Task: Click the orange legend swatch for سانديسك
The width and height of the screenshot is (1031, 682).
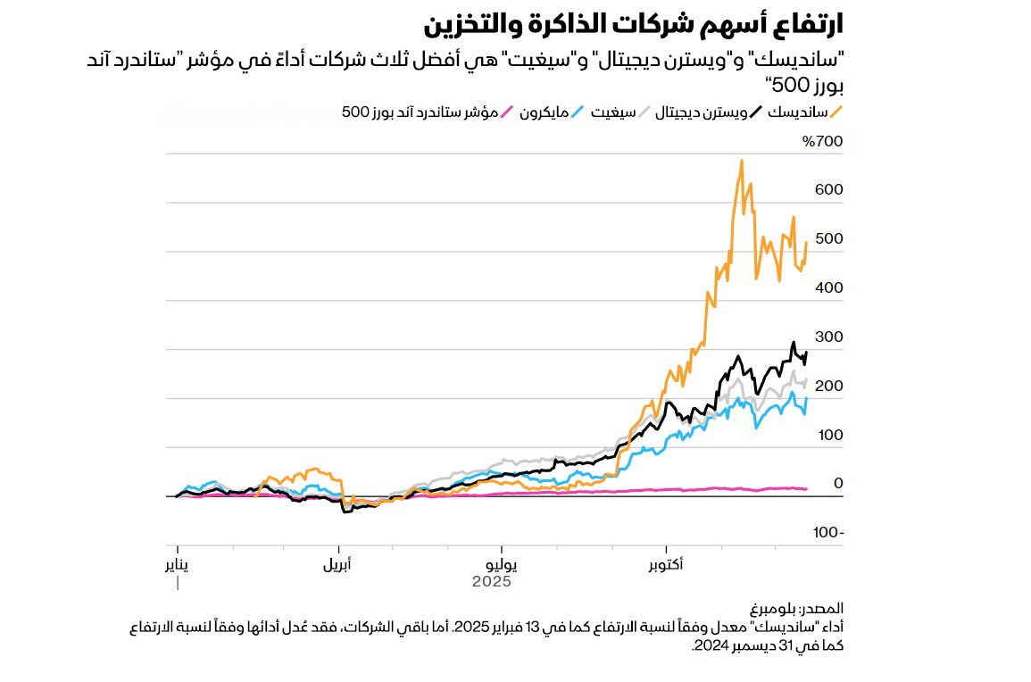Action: (836, 112)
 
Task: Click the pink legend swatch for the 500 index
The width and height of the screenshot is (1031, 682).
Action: (506, 112)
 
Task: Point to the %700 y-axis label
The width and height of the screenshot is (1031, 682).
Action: (822, 142)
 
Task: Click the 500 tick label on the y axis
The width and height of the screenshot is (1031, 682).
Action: (828, 239)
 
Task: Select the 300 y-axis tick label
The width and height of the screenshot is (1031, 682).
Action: (828, 337)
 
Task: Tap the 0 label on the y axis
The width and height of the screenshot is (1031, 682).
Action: (837, 484)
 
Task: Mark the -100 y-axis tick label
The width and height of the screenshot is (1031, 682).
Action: (827, 533)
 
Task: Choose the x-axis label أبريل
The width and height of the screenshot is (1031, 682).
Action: (337, 565)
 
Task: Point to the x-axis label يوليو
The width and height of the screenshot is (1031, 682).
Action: (500, 565)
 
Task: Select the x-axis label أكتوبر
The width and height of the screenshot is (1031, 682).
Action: (665, 565)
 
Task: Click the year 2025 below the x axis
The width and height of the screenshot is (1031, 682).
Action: (491, 582)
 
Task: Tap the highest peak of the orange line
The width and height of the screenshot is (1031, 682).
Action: (742, 162)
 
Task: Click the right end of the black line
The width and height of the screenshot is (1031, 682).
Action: (806, 353)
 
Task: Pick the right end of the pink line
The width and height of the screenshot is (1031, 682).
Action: (806, 489)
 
